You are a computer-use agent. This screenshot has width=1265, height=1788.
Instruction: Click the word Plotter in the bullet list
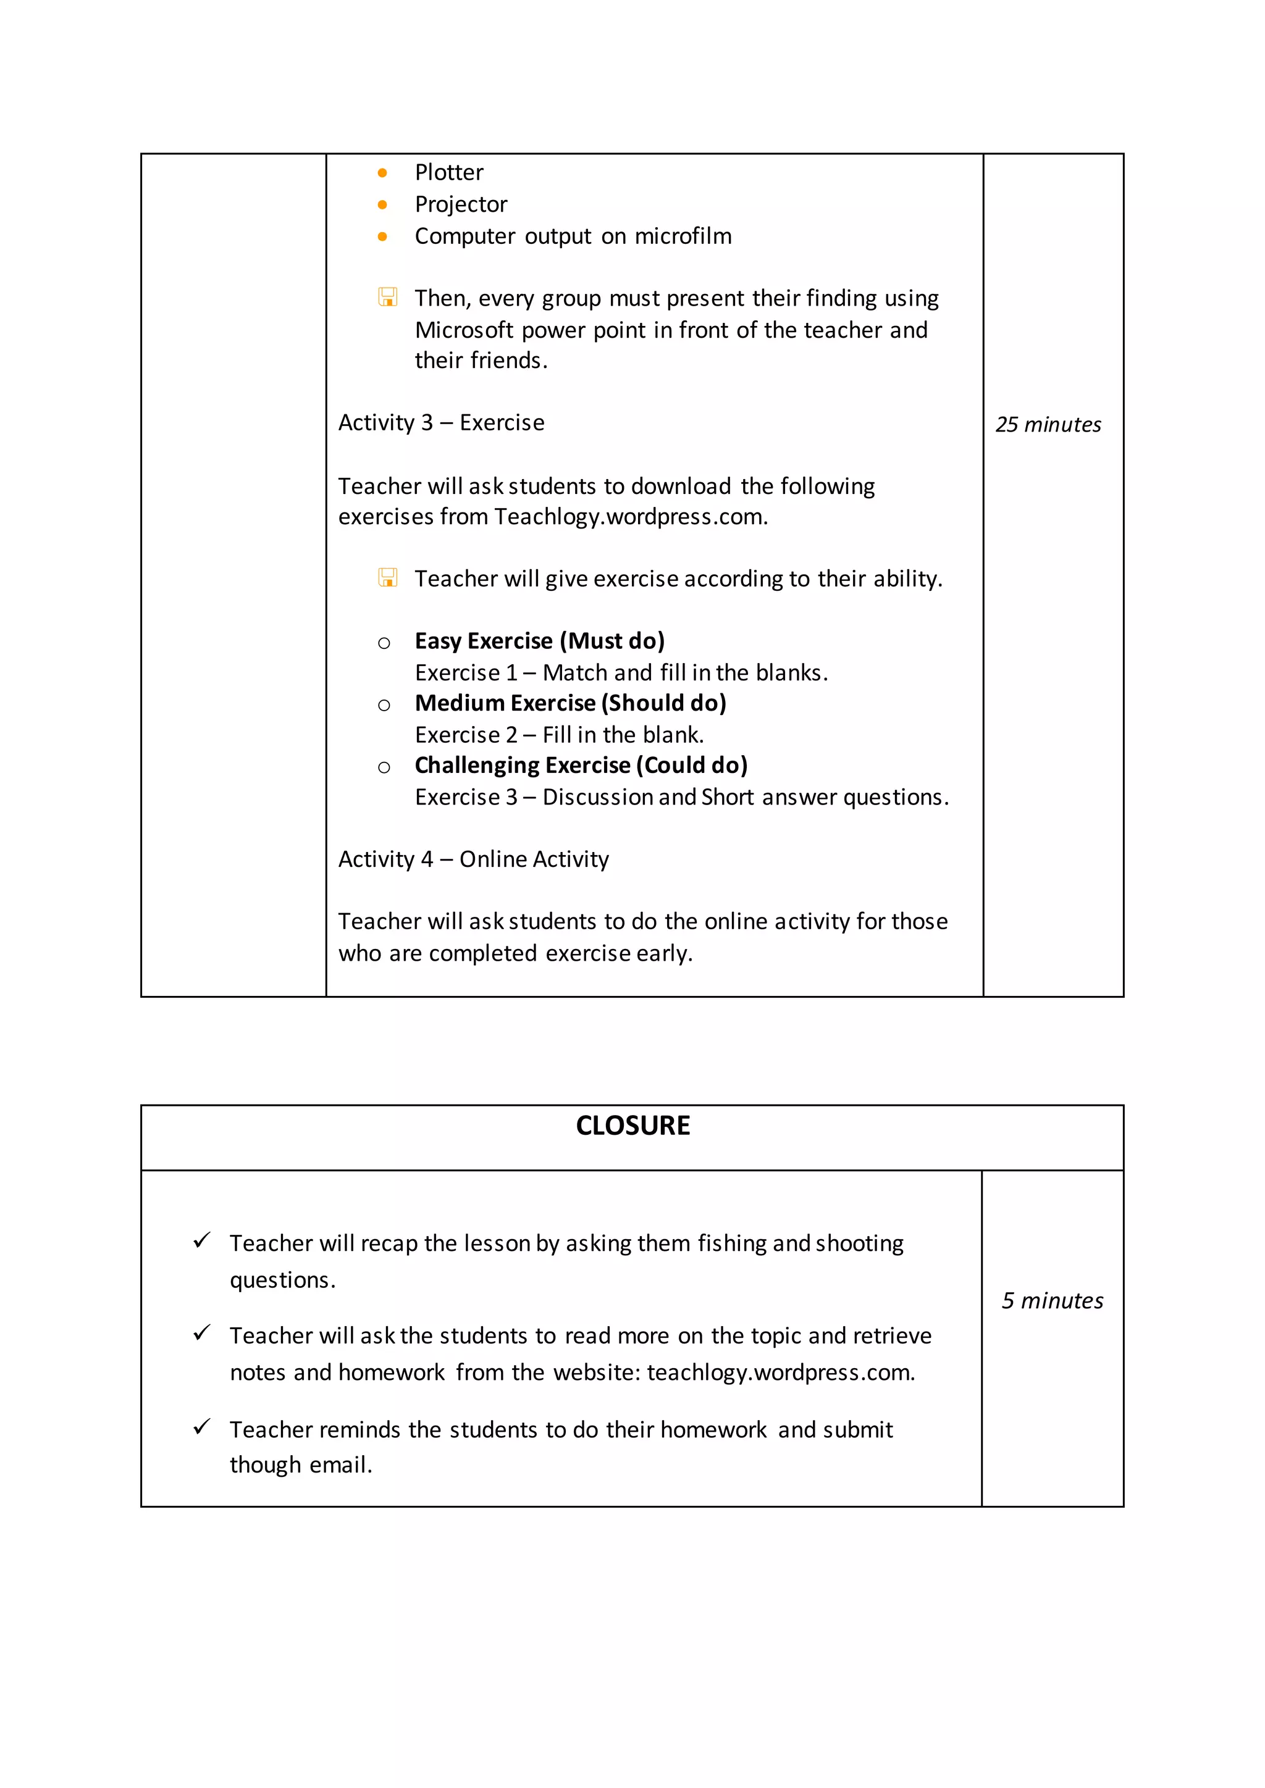point(448,172)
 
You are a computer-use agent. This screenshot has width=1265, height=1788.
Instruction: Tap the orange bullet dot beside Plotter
point(382,173)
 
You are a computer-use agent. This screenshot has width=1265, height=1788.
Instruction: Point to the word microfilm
point(683,236)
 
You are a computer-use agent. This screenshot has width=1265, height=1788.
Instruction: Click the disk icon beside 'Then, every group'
point(387,298)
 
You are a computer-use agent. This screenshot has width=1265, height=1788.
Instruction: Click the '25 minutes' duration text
point(1048,424)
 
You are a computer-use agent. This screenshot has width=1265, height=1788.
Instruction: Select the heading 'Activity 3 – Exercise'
point(441,423)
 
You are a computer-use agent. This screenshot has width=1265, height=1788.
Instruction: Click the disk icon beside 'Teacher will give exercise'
point(387,578)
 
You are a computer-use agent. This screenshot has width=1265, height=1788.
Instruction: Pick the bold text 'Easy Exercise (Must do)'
point(539,641)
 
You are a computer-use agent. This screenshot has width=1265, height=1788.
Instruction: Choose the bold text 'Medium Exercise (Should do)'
point(570,703)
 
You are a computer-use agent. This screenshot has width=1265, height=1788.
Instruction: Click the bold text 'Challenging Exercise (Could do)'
point(581,766)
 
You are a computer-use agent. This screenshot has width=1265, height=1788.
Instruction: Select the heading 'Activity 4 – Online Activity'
point(473,859)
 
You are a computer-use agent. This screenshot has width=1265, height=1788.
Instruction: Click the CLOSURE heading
point(632,1126)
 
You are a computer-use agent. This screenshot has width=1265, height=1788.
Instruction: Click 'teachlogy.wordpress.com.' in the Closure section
point(781,1372)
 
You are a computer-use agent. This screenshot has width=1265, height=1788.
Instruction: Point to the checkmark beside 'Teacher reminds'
point(202,1427)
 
